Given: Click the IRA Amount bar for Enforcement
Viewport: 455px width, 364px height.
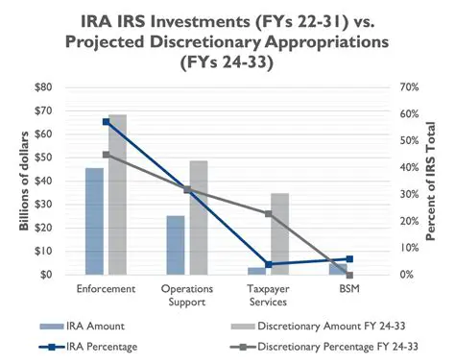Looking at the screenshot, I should (x=94, y=221).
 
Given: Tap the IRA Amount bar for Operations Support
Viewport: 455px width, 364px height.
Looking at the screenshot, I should (x=175, y=245).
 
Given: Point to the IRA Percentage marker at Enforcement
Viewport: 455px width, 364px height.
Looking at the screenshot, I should (x=107, y=122).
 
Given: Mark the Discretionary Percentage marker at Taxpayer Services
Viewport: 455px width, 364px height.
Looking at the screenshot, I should (x=268, y=213).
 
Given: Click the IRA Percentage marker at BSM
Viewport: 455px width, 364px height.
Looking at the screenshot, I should (x=349, y=259).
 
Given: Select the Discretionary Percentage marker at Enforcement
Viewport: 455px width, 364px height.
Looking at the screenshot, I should (x=107, y=155).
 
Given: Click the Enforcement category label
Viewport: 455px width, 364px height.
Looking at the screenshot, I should (x=106, y=287).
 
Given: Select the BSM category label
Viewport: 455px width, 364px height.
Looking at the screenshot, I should (x=349, y=287).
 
